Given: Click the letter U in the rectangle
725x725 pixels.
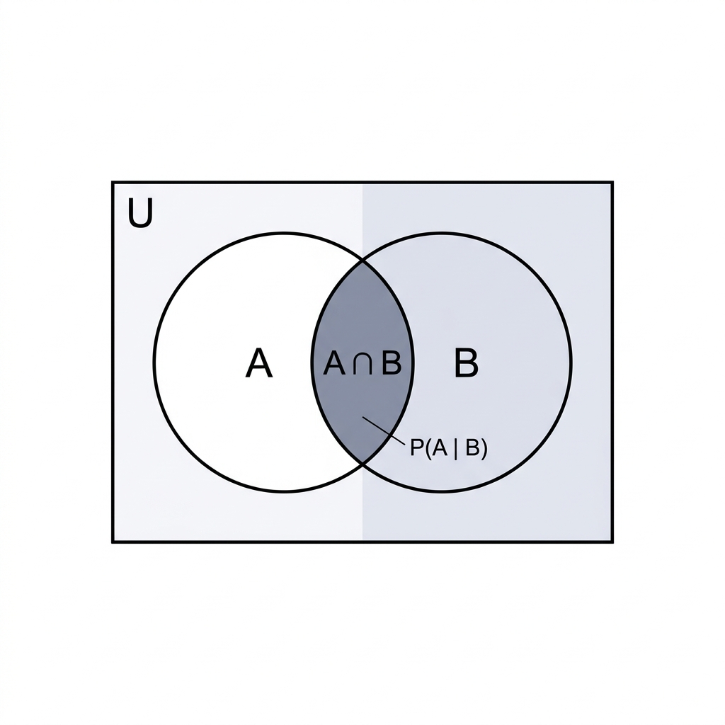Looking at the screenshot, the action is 140,213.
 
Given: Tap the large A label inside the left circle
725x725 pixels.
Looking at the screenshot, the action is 258,363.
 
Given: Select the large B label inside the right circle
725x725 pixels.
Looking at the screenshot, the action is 466,362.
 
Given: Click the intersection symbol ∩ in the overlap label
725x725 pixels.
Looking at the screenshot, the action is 362,365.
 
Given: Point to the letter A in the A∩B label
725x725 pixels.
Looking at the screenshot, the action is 334,363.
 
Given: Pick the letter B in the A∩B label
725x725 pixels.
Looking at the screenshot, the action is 391,362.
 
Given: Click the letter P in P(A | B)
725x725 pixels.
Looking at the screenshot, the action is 417,447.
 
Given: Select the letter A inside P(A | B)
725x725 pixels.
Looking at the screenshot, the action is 439,447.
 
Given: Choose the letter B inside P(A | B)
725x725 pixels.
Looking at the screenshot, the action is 472,447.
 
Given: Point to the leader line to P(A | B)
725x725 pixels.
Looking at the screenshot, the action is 384,430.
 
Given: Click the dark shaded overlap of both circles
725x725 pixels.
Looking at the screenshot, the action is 362,324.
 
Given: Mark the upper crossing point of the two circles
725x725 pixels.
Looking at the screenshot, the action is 362,262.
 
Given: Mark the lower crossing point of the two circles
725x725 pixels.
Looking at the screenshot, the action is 362,463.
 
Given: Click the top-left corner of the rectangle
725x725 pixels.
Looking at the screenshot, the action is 113,182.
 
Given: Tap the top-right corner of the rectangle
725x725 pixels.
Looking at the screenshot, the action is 612,182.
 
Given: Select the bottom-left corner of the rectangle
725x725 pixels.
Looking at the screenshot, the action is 113,542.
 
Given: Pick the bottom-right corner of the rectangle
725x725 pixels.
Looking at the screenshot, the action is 612,542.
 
